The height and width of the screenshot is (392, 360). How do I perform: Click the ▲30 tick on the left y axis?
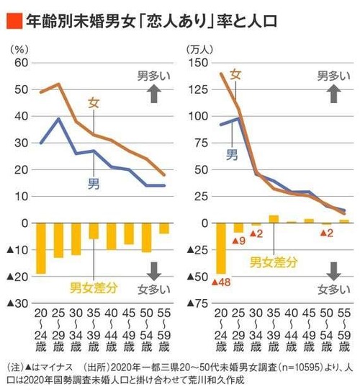pyautogui.click(x=17, y=303)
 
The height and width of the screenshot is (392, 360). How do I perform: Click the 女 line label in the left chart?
pyautogui.click(x=94, y=103)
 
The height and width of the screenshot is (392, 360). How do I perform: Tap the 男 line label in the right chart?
pyautogui.click(x=232, y=154)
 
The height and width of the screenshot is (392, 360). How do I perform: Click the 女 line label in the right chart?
pyautogui.click(x=235, y=73)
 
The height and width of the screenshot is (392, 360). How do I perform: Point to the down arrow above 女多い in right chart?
pyautogui.click(x=333, y=270)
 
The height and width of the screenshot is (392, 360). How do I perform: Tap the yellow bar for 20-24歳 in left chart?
pyautogui.click(x=42, y=249)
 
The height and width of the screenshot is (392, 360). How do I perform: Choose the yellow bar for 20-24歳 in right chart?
pyautogui.click(x=220, y=249)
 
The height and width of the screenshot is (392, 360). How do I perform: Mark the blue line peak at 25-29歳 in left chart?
pyautogui.click(x=58, y=119)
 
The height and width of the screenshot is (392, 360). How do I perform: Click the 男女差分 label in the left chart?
pyautogui.click(x=92, y=290)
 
